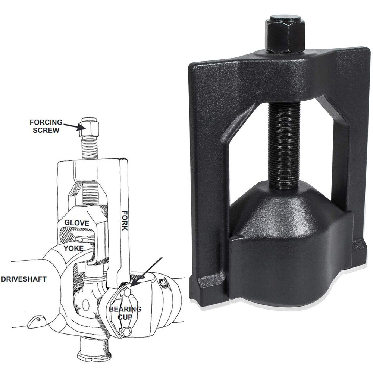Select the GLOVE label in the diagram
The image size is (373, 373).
pos(76,223)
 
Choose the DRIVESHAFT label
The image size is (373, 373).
pos(23,279)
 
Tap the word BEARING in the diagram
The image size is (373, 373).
pos(125,309)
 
